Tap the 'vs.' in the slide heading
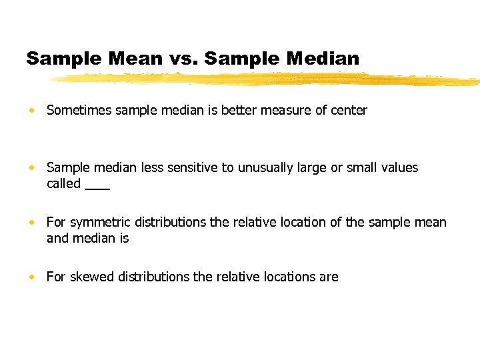coord(183,59)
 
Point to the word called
coord(63,183)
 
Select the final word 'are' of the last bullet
coord(329,277)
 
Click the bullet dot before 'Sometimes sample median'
coord(32,111)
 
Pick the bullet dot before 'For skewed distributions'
coord(32,277)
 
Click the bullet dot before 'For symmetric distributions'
coord(32,223)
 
